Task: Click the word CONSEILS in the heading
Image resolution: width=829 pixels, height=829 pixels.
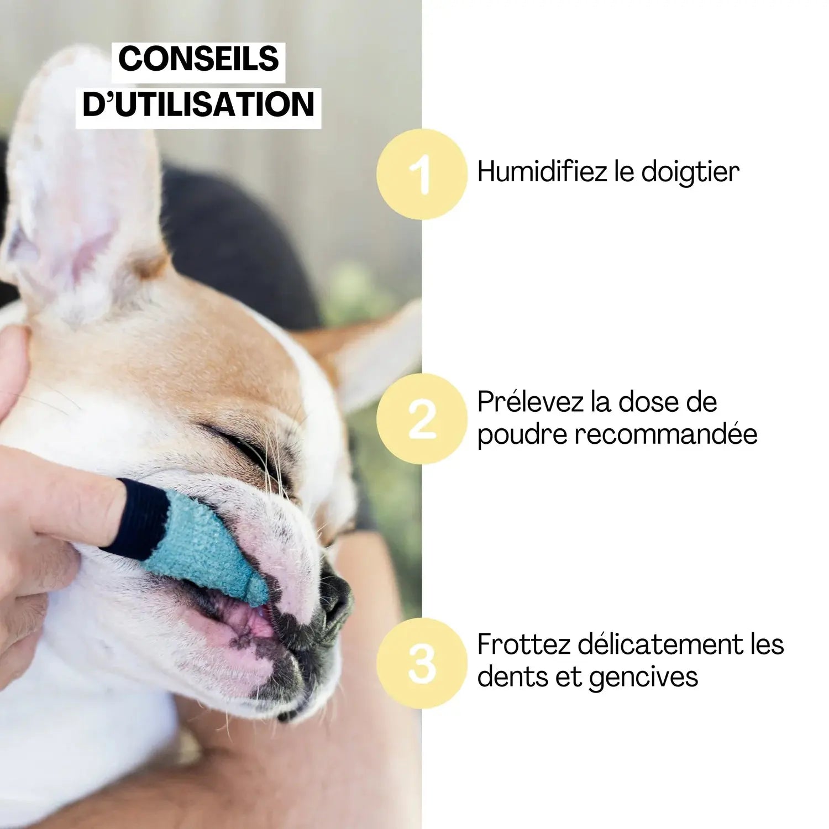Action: coord(198,59)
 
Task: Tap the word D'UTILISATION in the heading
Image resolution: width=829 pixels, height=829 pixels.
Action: coord(198,104)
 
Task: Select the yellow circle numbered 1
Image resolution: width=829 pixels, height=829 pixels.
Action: coord(422,174)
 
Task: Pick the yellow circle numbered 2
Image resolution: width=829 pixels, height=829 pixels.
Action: coord(422,419)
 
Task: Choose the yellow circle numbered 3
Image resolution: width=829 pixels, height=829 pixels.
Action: coord(422,663)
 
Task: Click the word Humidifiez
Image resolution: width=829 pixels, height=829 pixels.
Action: coord(542,171)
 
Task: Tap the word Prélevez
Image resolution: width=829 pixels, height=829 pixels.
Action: coord(529,402)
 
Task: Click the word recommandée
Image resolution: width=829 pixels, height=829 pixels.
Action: coord(665,434)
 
